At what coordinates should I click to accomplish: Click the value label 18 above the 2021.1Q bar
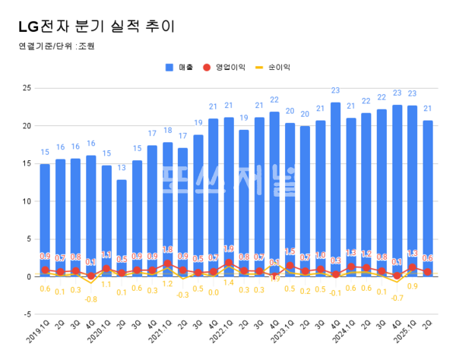point(168,131)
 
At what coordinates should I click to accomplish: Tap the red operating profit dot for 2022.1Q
point(229,263)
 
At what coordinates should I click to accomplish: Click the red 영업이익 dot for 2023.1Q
point(290,266)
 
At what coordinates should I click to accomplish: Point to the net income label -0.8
point(91,299)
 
